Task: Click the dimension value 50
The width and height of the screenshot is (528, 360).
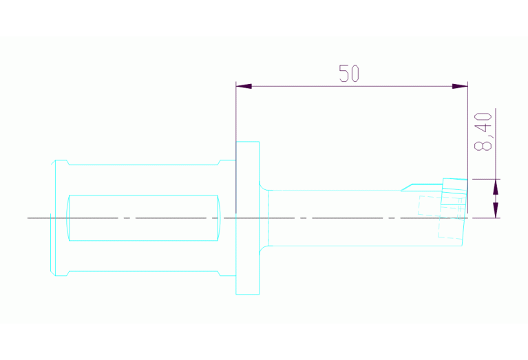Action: click(349, 74)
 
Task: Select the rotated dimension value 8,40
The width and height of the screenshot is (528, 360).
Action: click(483, 131)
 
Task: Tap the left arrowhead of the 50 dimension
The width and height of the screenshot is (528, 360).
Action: click(244, 86)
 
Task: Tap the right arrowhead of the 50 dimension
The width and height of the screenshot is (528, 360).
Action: click(460, 86)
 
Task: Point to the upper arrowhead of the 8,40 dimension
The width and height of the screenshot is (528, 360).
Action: click(496, 187)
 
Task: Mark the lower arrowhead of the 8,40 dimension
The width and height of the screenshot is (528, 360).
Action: click(496, 210)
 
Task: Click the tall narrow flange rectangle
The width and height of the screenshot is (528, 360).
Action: click(248, 218)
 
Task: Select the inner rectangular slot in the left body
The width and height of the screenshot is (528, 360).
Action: click(143, 218)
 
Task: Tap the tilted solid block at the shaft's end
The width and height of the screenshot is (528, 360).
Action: click(454, 191)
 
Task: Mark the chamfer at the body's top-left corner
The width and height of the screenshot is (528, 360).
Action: click(53, 162)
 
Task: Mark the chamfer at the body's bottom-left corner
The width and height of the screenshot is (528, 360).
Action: click(52, 273)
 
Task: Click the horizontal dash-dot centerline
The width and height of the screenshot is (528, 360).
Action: click(264, 218)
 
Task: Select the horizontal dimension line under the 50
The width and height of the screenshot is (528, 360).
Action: click(352, 86)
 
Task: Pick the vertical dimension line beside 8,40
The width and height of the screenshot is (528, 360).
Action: click(496, 163)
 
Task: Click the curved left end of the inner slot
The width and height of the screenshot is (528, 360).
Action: click(67, 218)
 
